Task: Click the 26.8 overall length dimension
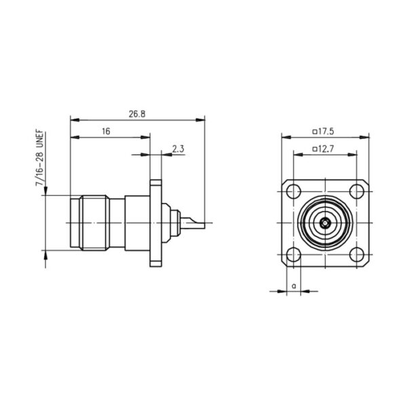coord(137,114)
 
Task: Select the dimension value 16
coord(106,132)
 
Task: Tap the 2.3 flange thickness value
coord(178,149)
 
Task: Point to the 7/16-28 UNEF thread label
coord(40,159)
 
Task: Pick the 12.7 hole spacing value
coord(323,149)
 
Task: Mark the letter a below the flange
coord(294,286)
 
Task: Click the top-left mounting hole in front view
coord(293,191)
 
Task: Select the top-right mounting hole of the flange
coord(357,191)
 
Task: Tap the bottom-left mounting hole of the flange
coord(293,254)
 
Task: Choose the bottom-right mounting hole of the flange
coord(357,254)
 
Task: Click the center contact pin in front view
coord(325,222)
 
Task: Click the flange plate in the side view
coord(155,223)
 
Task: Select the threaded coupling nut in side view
coord(94,223)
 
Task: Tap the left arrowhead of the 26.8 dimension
coord(75,120)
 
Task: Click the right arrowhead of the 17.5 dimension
coord(364,137)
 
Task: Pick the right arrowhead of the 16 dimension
coord(145,137)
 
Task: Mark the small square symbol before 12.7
coord(315,149)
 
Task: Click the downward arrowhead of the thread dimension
coord(45,191)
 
